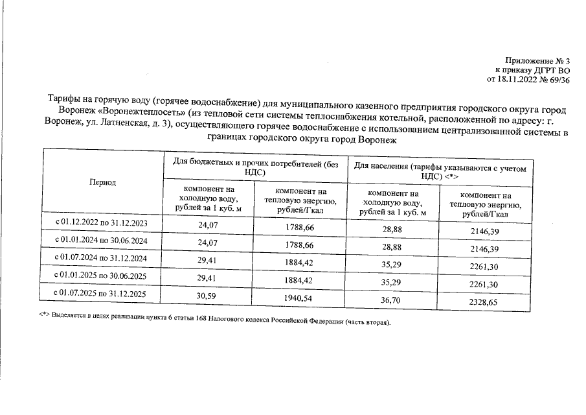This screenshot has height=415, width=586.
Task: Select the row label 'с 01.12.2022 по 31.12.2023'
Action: pos(102,224)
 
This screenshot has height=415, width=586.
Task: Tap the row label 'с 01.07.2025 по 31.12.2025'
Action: pos(102,294)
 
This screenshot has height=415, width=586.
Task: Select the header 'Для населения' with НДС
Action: pos(440,170)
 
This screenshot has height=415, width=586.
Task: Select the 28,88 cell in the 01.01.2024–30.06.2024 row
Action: pos(395,248)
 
